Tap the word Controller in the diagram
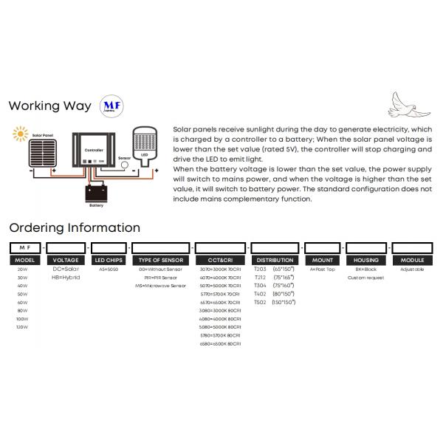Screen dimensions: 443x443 click(94, 149)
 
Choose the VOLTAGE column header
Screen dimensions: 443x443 click(66, 260)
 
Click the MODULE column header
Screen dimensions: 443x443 click(412, 260)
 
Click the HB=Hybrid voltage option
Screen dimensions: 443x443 click(66, 277)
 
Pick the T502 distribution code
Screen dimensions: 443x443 click(260, 302)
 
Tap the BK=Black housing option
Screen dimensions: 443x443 click(367, 269)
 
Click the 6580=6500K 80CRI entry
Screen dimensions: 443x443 click(221, 345)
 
